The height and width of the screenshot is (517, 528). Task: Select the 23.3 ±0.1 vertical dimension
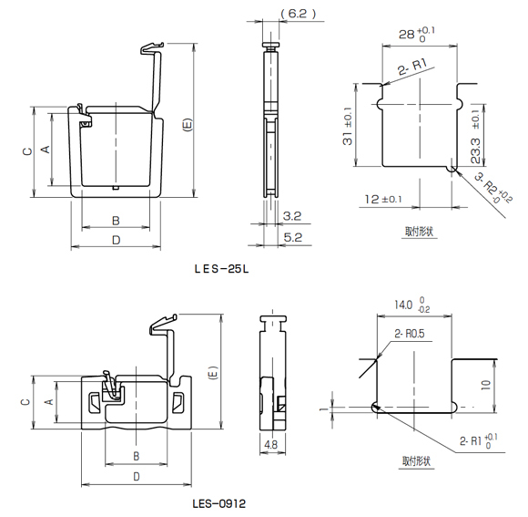(476, 137)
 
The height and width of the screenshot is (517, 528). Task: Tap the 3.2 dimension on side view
(292, 216)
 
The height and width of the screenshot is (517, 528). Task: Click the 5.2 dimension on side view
(292, 236)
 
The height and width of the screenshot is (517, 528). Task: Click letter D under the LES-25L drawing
(116, 240)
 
